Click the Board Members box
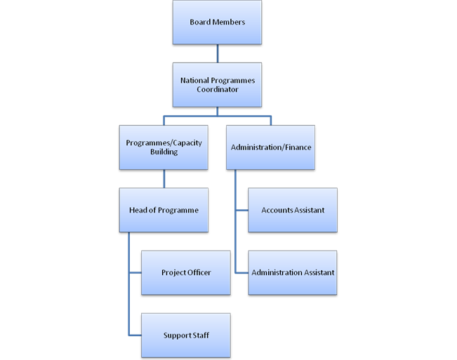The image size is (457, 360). click(x=217, y=22)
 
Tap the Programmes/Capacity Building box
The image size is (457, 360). click(x=164, y=147)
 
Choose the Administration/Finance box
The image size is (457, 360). click(x=270, y=147)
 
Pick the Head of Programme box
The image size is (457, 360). click(x=164, y=210)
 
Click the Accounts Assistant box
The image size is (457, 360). click(x=293, y=210)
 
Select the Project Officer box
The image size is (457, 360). click(x=186, y=272)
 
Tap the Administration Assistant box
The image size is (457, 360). click(x=293, y=272)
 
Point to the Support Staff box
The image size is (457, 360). click(x=186, y=335)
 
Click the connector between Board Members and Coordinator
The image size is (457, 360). click(x=217, y=53)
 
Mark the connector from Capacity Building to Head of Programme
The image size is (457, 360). click(x=164, y=179)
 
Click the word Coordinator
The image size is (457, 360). click(x=217, y=89)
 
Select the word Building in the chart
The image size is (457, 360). click(x=164, y=152)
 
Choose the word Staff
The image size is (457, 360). click(x=199, y=335)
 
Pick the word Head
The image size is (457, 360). click(x=138, y=210)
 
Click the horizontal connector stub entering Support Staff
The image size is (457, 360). click(x=135, y=335)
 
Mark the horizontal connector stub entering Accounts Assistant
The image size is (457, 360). click(x=241, y=210)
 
